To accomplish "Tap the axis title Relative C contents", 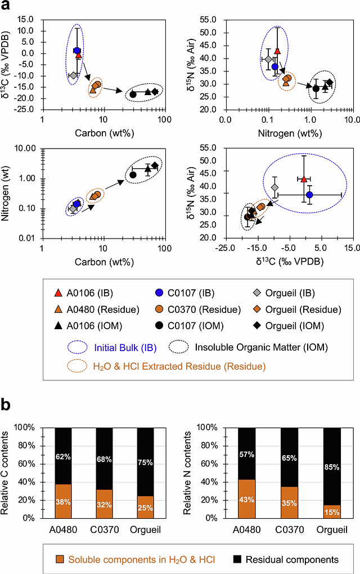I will pyautogui.click(x=13, y=472).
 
